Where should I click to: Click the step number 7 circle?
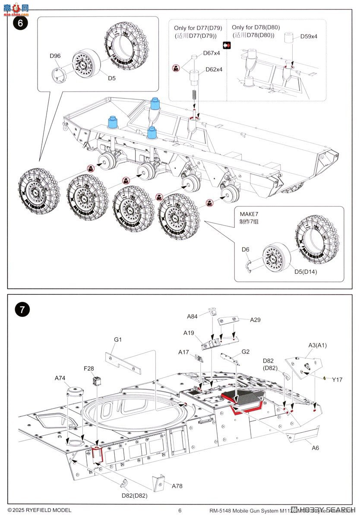pyautogui.click(x=22, y=310)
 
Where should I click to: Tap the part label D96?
pyautogui.click(x=55, y=56)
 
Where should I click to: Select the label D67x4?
pyautogui.click(x=212, y=53)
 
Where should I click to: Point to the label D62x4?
pyautogui.click(x=214, y=69)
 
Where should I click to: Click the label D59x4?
pyautogui.click(x=309, y=36)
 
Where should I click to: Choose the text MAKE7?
pyautogui.click(x=249, y=215)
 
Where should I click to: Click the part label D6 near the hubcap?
pyautogui.click(x=245, y=250)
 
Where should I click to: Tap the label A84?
pyautogui.click(x=193, y=316)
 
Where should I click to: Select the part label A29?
pyautogui.click(x=256, y=320)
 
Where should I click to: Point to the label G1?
pyautogui.click(x=118, y=340)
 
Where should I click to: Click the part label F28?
pyautogui.click(x=89, y=369)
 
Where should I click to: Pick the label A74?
pyautogui.click(x=60, y=378)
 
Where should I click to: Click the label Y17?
pyautogui.click(x=337, y=379)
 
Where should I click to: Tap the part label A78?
pyautogui.click(x=177, y=486)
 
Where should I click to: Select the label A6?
pyautogui.click(x=316, y=448)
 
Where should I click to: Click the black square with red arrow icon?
pyautogui.click(x=227, y=45)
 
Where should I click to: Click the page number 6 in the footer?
pyautogui.click(x=180, y=510)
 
